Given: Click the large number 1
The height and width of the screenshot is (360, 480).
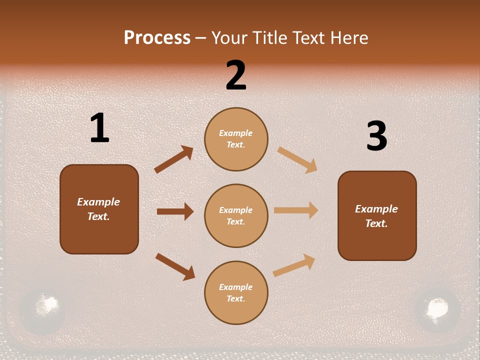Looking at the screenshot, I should (x=99, y=128).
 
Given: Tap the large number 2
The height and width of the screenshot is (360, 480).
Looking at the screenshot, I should (x=236, y=75).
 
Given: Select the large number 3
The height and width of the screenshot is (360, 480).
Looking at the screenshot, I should (x=376, y=136).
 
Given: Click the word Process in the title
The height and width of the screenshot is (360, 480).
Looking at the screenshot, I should (x=157, y=37).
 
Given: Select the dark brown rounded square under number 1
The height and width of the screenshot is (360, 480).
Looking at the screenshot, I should (x=99, y=209).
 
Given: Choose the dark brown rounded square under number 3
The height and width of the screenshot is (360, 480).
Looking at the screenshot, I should (x=377, y=215).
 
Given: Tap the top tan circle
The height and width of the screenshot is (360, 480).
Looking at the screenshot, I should (x=236, y=139).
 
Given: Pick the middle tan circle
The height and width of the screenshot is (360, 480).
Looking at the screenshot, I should (x=236, y=215).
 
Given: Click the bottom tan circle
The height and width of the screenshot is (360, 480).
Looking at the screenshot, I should (x=236, y=292).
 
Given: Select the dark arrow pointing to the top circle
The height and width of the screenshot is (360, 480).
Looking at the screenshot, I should (x=174, y=159).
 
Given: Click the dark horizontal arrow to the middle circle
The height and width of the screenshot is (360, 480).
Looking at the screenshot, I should (x=175, y=211).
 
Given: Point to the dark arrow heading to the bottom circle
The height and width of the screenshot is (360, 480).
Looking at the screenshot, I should (x=175, y=266).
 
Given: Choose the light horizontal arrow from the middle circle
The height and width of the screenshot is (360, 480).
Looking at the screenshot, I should (x=296, y=210).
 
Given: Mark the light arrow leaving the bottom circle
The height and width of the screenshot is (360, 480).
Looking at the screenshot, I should (x=294, y=265).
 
